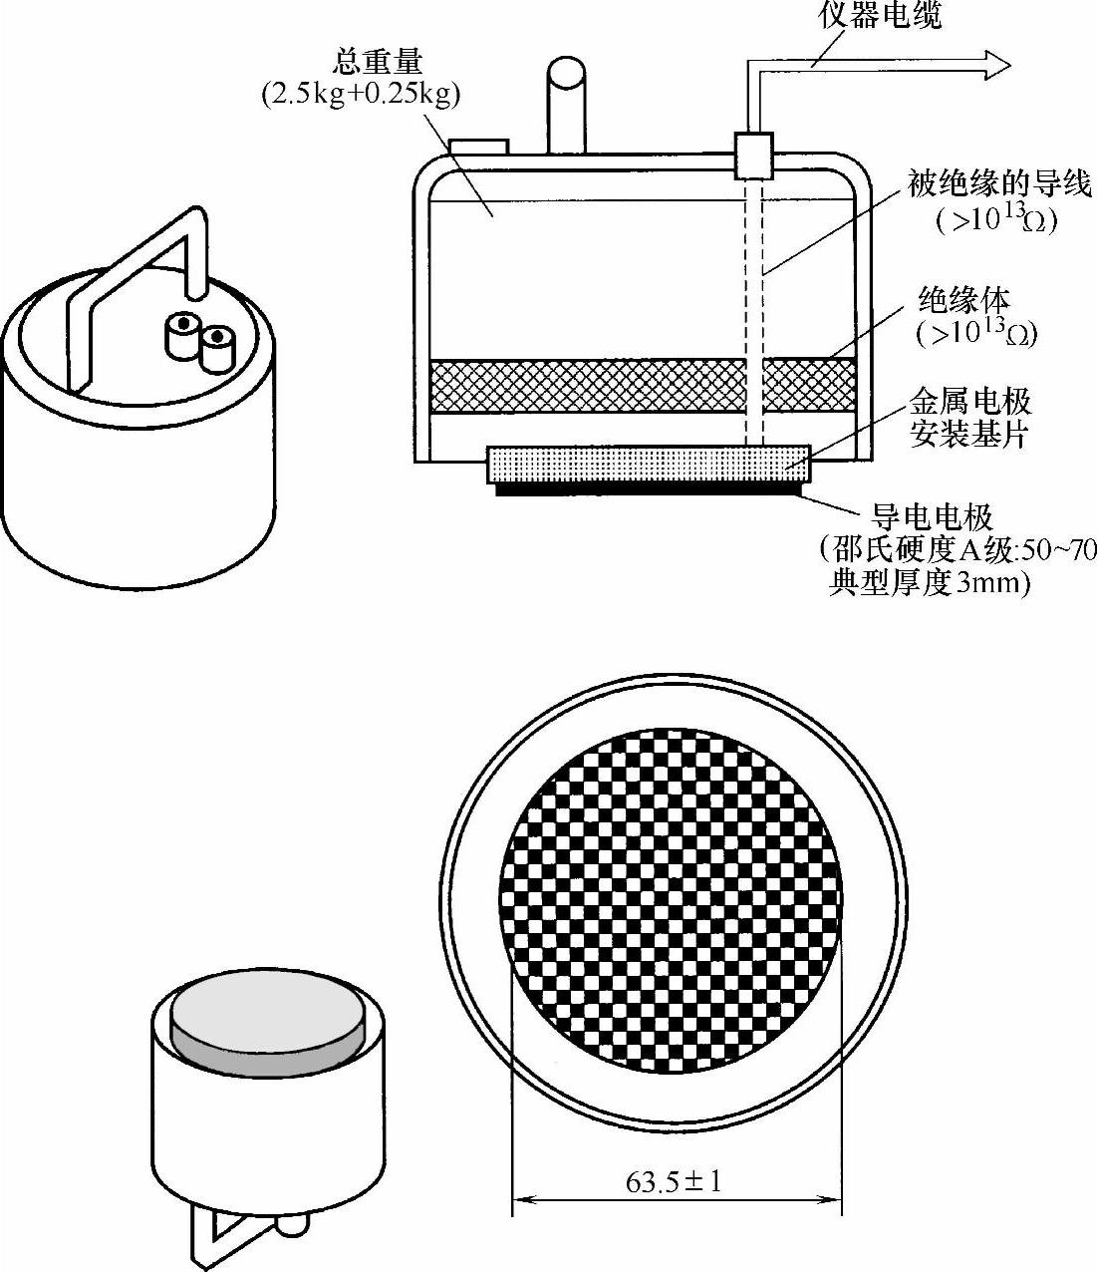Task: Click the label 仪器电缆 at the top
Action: pos(880,15)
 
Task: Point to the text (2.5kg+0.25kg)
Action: pos(361,96)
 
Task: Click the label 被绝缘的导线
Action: pos(999,184)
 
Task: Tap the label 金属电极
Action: pos(970,403)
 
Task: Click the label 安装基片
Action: pos(969,435)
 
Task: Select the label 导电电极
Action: pos(933,517)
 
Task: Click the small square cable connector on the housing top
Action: pos(753,157)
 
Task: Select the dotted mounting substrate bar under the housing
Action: pos(649,465)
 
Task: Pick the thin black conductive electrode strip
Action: pos(649,489)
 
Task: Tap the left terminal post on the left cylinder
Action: pos(182,336)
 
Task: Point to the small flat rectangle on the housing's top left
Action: pos(478,148)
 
